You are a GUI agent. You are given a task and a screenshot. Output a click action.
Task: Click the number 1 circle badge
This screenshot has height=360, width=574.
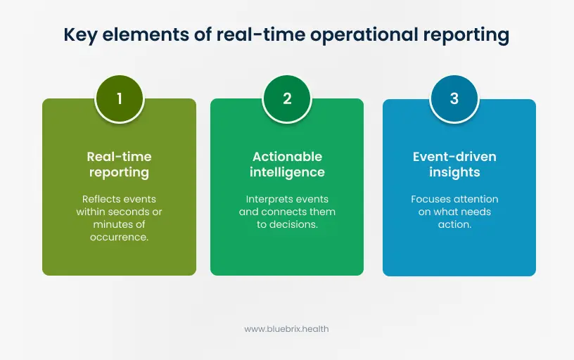click(x=119, y=99)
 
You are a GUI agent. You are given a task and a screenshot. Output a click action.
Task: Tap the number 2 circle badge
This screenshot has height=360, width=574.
click(x=287, y=99)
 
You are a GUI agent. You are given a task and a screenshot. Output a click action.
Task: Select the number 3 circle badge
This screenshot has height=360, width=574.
click(x=454, y=99)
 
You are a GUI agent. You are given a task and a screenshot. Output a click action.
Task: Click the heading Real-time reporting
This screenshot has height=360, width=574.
click(x=119, y=164)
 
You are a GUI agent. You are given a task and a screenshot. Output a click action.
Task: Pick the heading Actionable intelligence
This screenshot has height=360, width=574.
click(x=287, y=164)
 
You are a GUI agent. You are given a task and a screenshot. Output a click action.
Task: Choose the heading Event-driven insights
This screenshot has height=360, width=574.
click(x=454, y=164)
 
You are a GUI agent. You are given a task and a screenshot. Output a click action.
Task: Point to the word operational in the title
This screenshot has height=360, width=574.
click(x=353, y=36)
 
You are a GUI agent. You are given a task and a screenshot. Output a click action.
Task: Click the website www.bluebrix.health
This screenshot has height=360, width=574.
click(x=286, y=328)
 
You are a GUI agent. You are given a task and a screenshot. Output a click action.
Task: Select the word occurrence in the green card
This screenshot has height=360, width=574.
click(x=119, y=237)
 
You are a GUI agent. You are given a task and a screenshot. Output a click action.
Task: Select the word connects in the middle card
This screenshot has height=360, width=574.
click(x=285, y=212)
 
